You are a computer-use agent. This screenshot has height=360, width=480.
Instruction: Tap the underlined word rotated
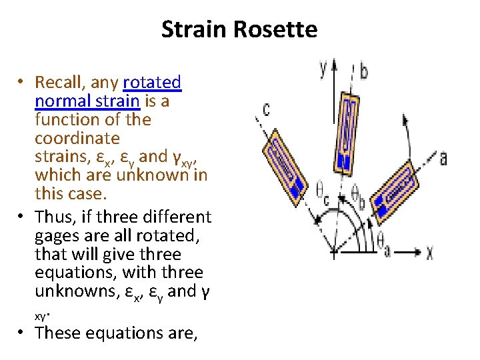coord(152,83)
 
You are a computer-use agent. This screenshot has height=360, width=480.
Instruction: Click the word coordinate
coord(77,139)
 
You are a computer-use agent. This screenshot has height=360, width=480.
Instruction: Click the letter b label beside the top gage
coord(364,71)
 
